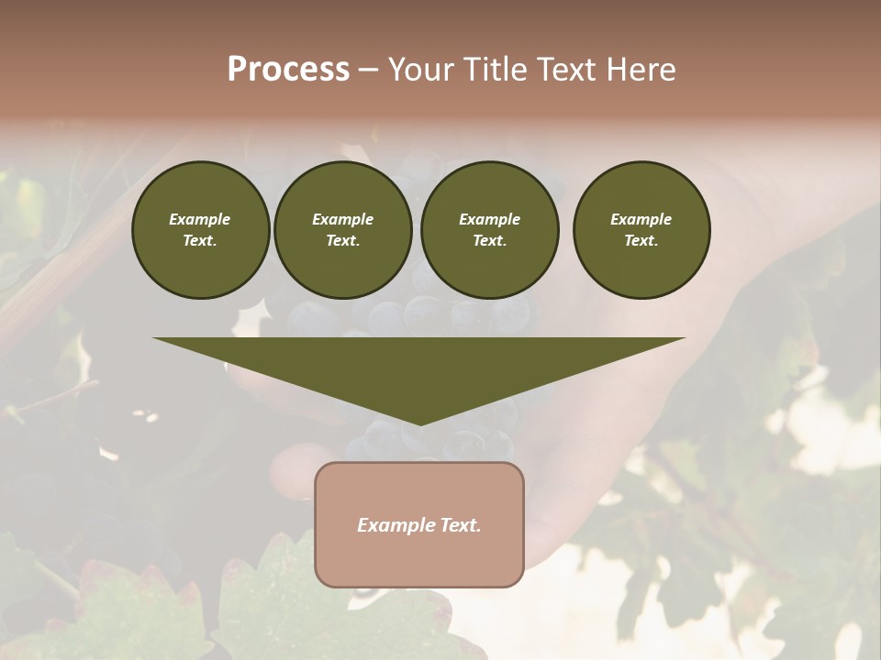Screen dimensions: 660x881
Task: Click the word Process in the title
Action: (288, 70)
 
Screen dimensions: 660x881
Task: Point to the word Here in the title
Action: (640, 70)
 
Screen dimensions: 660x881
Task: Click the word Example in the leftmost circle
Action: (200, 219)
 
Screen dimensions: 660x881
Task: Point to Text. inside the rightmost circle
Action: (641, 241)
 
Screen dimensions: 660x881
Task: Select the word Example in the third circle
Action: (489, 219)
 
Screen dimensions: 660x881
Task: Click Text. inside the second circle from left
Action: (343, 241)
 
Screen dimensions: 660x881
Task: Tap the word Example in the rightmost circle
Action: (641, 219)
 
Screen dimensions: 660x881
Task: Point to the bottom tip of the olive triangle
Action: (419, 423)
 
